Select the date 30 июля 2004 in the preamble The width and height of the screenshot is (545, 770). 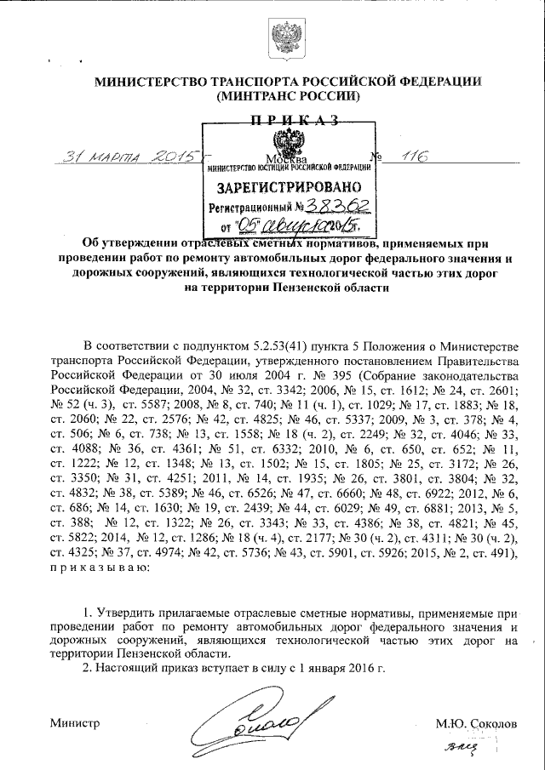216,372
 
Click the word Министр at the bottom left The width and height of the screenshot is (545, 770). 76,723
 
